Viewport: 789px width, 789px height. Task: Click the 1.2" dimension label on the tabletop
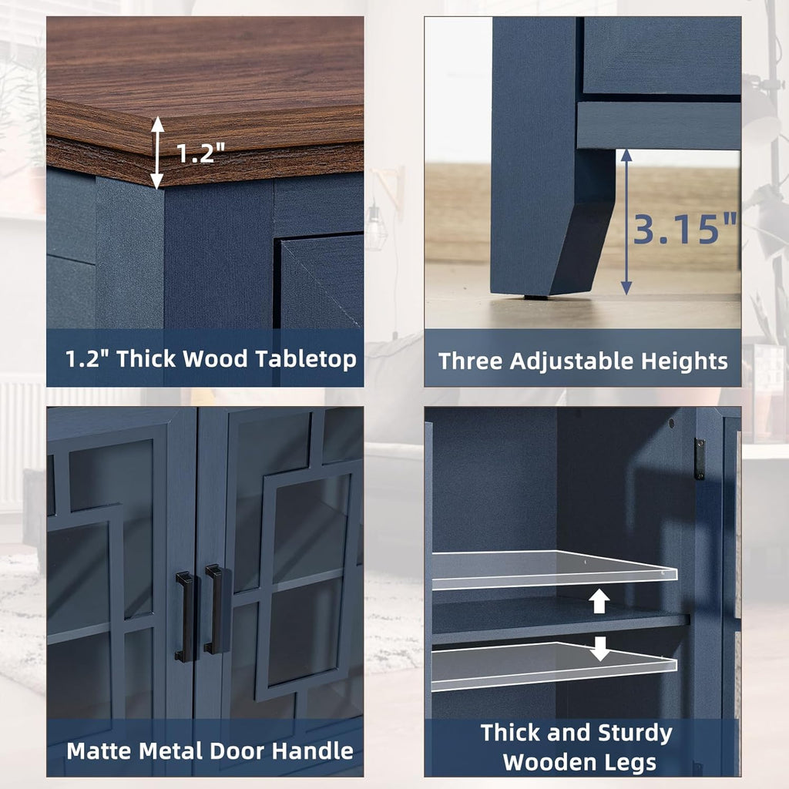click(200, 153)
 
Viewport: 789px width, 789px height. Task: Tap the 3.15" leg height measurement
click(684, 229)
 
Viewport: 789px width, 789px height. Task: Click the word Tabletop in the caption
click(306, 360)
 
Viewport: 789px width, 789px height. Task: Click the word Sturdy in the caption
click(636, 734)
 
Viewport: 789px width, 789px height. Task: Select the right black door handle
click(214, 609)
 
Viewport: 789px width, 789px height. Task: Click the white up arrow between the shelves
click(599, 601)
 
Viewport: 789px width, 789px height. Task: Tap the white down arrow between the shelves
click(599, 649)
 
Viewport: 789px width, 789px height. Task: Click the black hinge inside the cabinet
click(699, 459)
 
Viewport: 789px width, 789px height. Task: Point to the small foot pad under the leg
click(536, 297)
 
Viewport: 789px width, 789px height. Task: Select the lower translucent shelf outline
click(554, 666)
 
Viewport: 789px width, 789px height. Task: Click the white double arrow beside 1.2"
click(157, 153)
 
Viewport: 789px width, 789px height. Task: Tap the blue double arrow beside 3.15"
click(626, 221)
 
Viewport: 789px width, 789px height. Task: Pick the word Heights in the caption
click(684, 362)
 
